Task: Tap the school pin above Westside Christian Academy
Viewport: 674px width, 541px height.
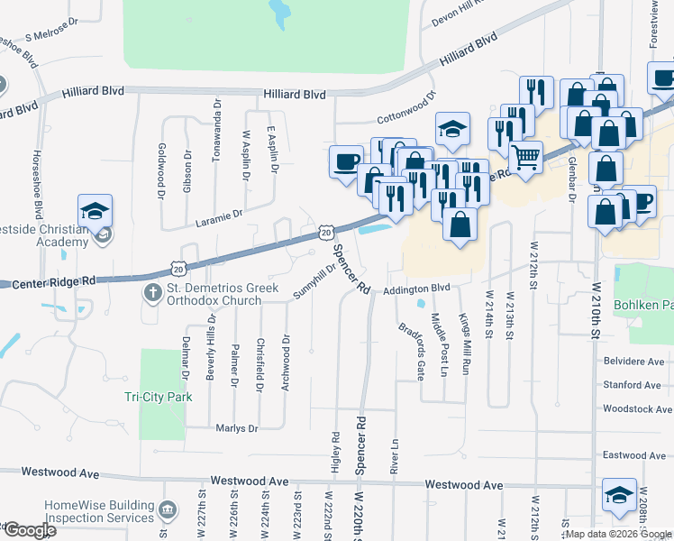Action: tap(95, 212)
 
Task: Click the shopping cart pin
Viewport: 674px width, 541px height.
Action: tap(525, 159)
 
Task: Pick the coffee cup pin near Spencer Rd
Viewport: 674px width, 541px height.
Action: tap(346, 163)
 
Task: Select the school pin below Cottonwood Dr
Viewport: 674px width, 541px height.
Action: tap(452, 131)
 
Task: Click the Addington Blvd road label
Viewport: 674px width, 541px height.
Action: tap(415, 289)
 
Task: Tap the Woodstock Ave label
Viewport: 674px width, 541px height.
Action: tap(637, 408)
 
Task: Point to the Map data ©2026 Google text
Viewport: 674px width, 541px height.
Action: tap(618, 534)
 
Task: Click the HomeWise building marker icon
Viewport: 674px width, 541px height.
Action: tap(166, 511)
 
